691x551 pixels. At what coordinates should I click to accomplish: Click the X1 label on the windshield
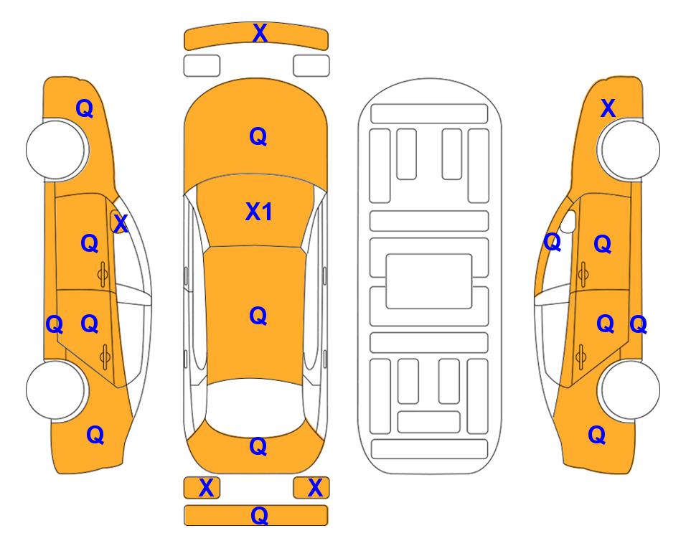(259, 212)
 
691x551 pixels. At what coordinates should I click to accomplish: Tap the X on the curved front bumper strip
(260, 32)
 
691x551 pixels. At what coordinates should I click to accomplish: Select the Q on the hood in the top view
(258, 136)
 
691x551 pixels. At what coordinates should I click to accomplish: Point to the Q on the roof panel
(258, 316)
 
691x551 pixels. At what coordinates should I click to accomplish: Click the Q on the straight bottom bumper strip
(259, 515)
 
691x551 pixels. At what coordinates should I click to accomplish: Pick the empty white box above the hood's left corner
(202, 66)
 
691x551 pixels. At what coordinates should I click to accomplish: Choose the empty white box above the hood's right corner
(311, 66)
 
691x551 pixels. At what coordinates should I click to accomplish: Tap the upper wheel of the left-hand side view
(56, 149)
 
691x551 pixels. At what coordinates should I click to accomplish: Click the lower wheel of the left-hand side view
(56, 390)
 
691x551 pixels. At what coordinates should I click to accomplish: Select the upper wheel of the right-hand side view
(629, 149)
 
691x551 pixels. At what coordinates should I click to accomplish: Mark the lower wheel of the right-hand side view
(629, 390)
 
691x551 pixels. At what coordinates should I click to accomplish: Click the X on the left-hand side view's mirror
(121, 223)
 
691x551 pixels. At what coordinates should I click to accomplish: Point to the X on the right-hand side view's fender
(608, 108)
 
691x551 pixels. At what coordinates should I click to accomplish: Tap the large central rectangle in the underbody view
(429, 281)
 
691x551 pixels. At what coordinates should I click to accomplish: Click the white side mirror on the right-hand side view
(568, 222)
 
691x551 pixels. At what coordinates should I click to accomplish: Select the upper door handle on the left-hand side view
(103, 275)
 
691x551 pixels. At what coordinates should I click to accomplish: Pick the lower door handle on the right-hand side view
(582, 357)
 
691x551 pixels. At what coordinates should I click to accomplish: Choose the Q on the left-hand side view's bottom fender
(95, 435)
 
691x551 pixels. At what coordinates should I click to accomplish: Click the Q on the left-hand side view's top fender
(85, 108)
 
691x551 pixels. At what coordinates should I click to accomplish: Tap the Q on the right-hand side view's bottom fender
(597, 435)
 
